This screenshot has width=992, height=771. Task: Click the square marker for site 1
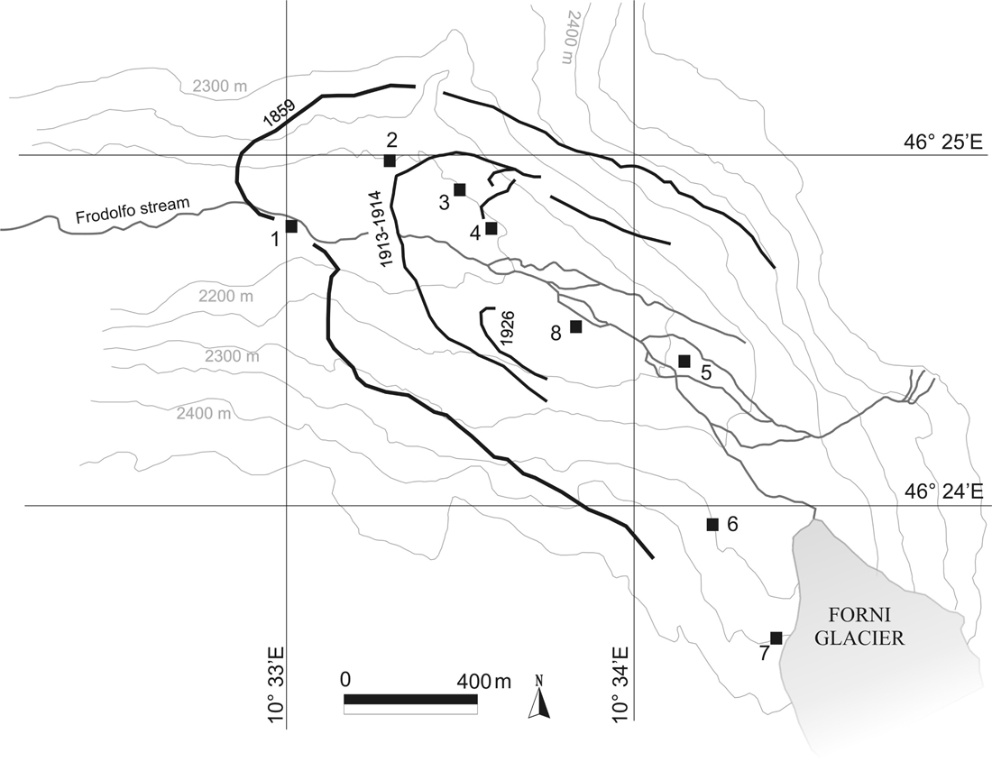pyautogui.click(x=291, y=226)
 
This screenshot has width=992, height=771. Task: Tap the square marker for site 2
pyautogui.click(x=390, y=161)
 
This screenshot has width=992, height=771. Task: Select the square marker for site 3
pyautogui.click(x=460, y=189)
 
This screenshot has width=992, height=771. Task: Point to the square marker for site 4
pyautogui.click(x=491, y=228)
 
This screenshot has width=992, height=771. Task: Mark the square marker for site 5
pyautogui.click(x=684, y=362)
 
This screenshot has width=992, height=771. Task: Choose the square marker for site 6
pyautogui.click(x=712, y=524)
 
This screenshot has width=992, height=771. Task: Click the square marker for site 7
pyautogui.click(x=776, y=638)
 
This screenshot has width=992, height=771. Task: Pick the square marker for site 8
pyautogui.click(x=576, y=326)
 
